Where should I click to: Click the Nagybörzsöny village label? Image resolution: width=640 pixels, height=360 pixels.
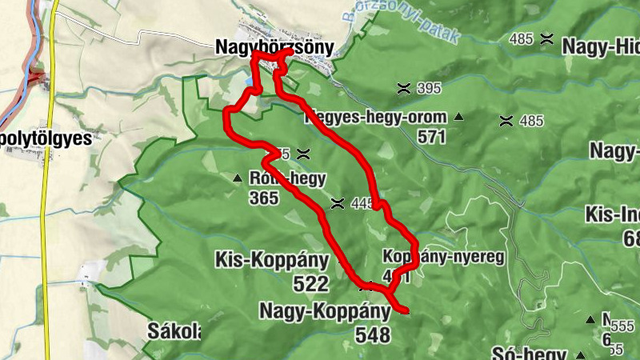(274, 48)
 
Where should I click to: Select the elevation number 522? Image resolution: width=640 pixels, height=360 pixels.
(310, 283)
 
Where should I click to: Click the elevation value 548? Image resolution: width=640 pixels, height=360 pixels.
(372, 334)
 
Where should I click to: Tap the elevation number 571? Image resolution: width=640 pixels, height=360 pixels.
(430, 137)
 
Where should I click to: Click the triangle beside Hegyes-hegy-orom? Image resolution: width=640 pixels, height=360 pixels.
(458, 118)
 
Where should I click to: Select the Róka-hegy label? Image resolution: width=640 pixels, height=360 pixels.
(277, 178)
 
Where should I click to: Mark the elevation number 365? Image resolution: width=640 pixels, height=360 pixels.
(263, 198)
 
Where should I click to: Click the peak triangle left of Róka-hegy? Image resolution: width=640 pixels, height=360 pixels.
(237, 178)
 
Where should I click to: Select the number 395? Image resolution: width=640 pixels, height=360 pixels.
(429, 88)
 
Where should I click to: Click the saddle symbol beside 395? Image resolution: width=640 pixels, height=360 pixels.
(403, 88)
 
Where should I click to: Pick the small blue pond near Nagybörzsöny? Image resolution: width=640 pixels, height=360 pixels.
(250, 81)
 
